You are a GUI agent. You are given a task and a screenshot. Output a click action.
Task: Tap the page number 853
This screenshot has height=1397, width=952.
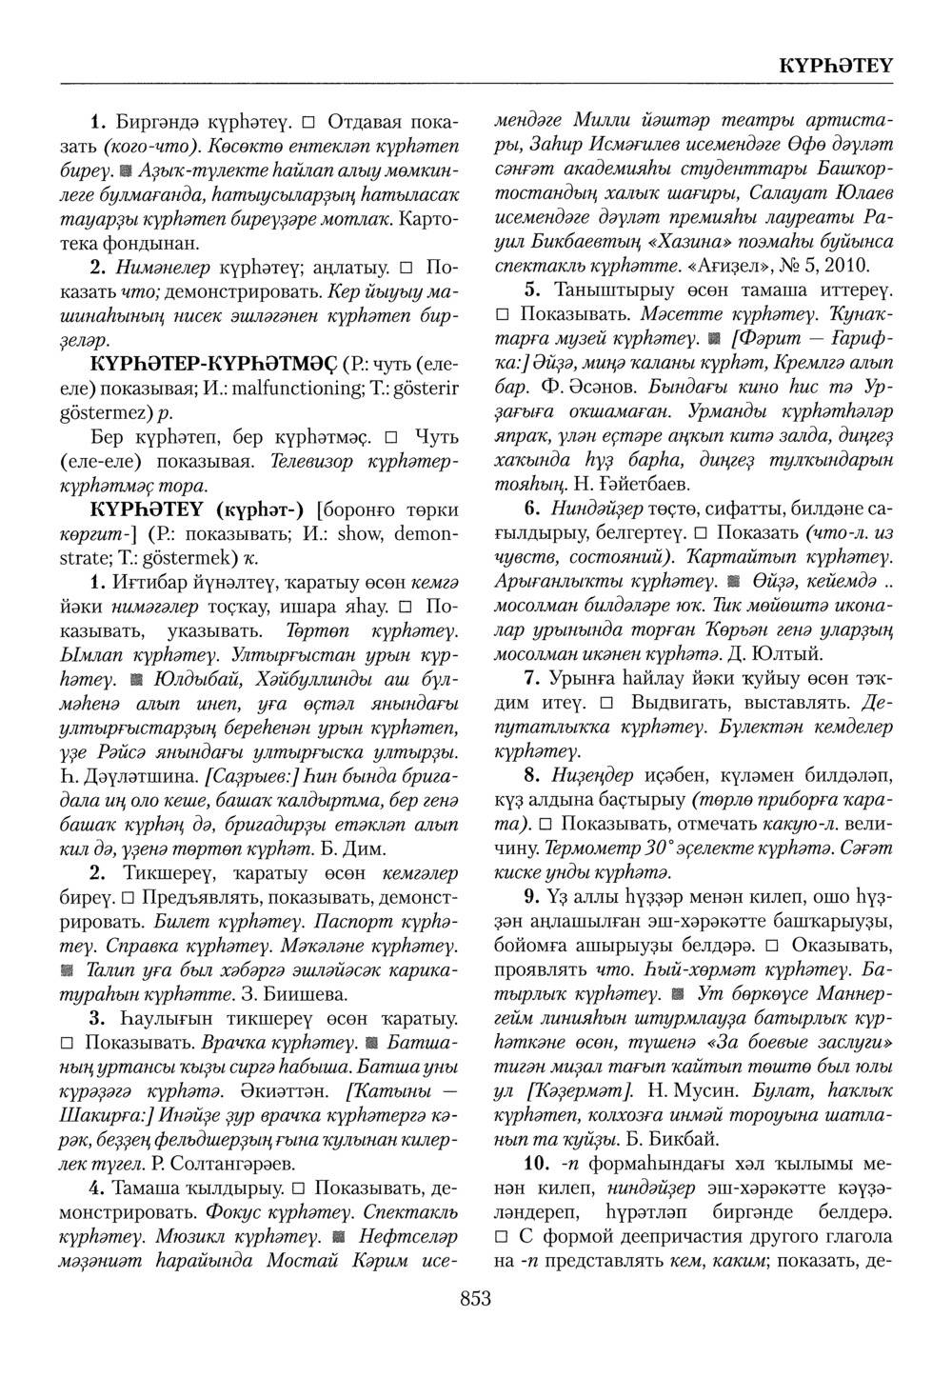click(475, 1297)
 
